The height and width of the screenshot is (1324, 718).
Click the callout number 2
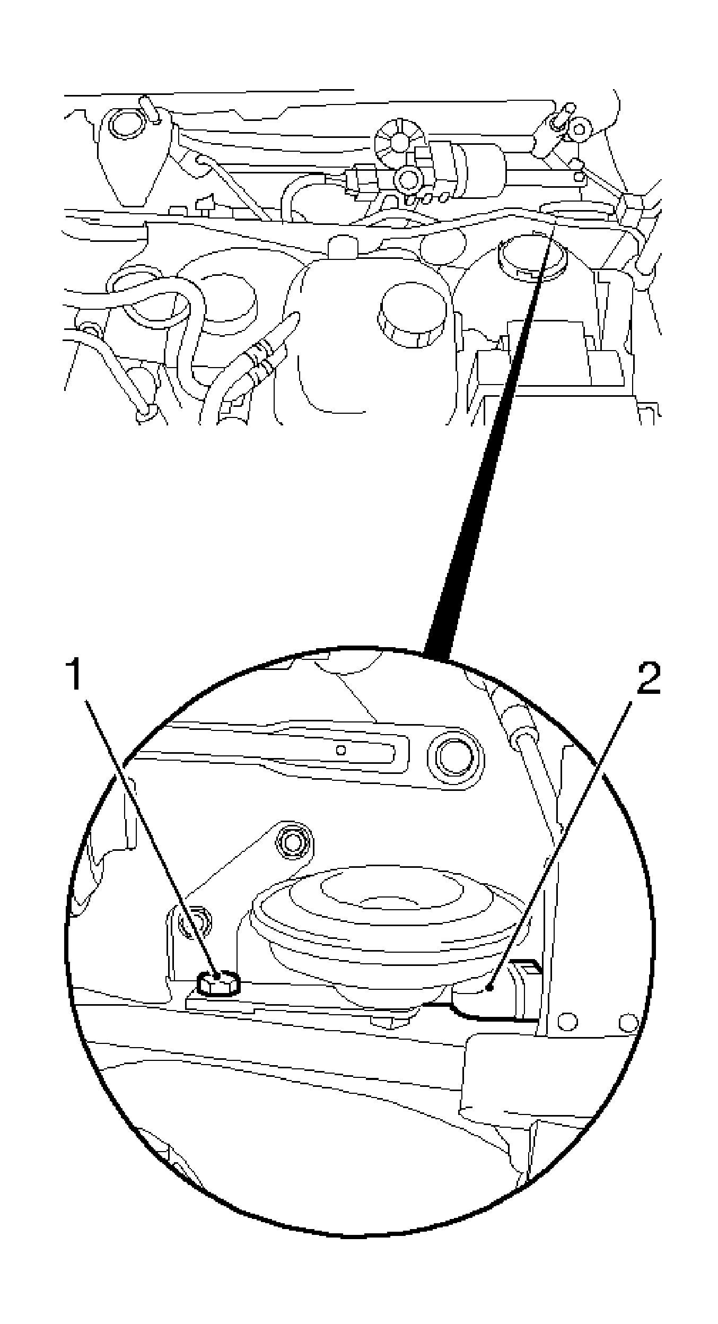tap(648, 678)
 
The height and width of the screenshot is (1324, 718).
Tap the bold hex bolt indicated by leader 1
tap(217, 983)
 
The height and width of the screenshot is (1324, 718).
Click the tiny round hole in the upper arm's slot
tap(342, 750)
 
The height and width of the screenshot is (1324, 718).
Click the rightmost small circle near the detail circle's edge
tap(628, 1020)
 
